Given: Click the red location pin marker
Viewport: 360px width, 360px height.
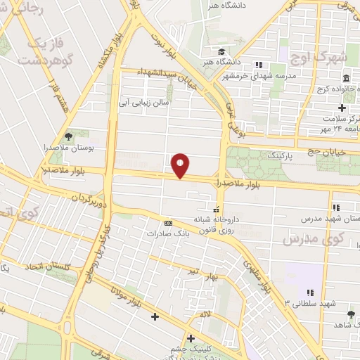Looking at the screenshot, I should (x=181, y=165).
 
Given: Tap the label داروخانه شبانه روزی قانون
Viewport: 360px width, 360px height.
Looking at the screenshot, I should (x=217, y=224).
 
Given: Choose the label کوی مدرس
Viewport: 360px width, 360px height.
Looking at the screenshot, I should (x=306, y=240).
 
